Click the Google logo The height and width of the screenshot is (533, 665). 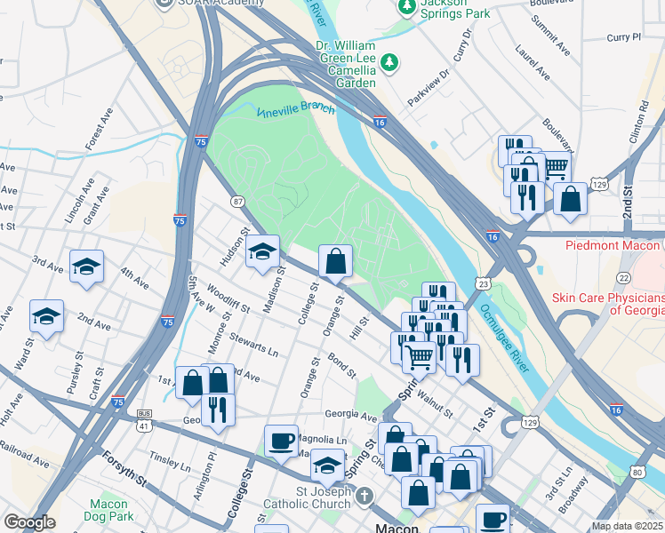click(x=28, y=523)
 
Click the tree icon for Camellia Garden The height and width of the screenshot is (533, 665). click(x=389, y=62)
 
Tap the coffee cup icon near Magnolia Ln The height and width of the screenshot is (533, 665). click(x=282, y=441)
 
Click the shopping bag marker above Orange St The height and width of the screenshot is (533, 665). click(x=335, y=261)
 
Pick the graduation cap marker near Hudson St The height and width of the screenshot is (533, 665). click(x=262, y=252)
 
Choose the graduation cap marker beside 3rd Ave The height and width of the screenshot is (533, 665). click(x=86, y=266)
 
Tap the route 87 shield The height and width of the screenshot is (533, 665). click(x=237, y=203)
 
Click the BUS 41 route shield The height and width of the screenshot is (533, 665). click(x=143, y=415)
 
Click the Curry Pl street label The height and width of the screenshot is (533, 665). click(x=623, y=37)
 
